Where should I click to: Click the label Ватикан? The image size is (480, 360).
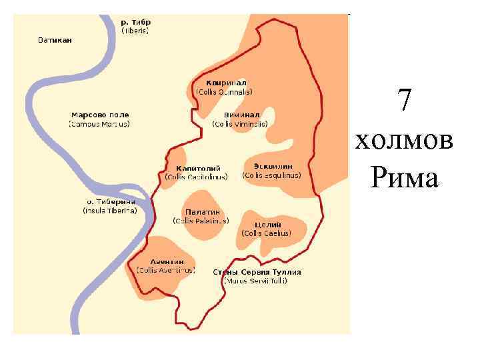[x=54, y=40]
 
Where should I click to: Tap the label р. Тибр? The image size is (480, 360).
[x=135, y=22]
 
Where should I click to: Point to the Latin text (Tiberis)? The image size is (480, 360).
[x=135, y=31]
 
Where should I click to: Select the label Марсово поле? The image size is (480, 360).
[x=101, y=115]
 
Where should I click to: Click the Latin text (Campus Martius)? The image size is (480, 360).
[x=100, y=124]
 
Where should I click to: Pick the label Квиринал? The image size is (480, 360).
[x=224, y=83]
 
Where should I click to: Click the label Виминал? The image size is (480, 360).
[x=240, y=115]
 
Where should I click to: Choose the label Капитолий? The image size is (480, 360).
[x=198, y=168]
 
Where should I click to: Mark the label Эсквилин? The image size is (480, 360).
[x=272, y=165]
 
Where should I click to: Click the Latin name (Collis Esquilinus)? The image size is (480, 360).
[x=272, y=175]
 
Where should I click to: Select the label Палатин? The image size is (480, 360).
[x=201, y=212]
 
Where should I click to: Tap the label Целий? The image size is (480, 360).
[x=267, y=225]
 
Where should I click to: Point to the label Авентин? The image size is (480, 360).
[x=167, y=261]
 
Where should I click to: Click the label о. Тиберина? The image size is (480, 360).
[x=111, y=201]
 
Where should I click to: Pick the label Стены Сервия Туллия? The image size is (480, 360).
[x=257, y=272]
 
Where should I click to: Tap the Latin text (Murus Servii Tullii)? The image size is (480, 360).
[x=256, y=281]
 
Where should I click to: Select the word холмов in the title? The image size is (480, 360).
[x=405, y=141]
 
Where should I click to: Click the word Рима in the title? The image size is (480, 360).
[x=404, y=178]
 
